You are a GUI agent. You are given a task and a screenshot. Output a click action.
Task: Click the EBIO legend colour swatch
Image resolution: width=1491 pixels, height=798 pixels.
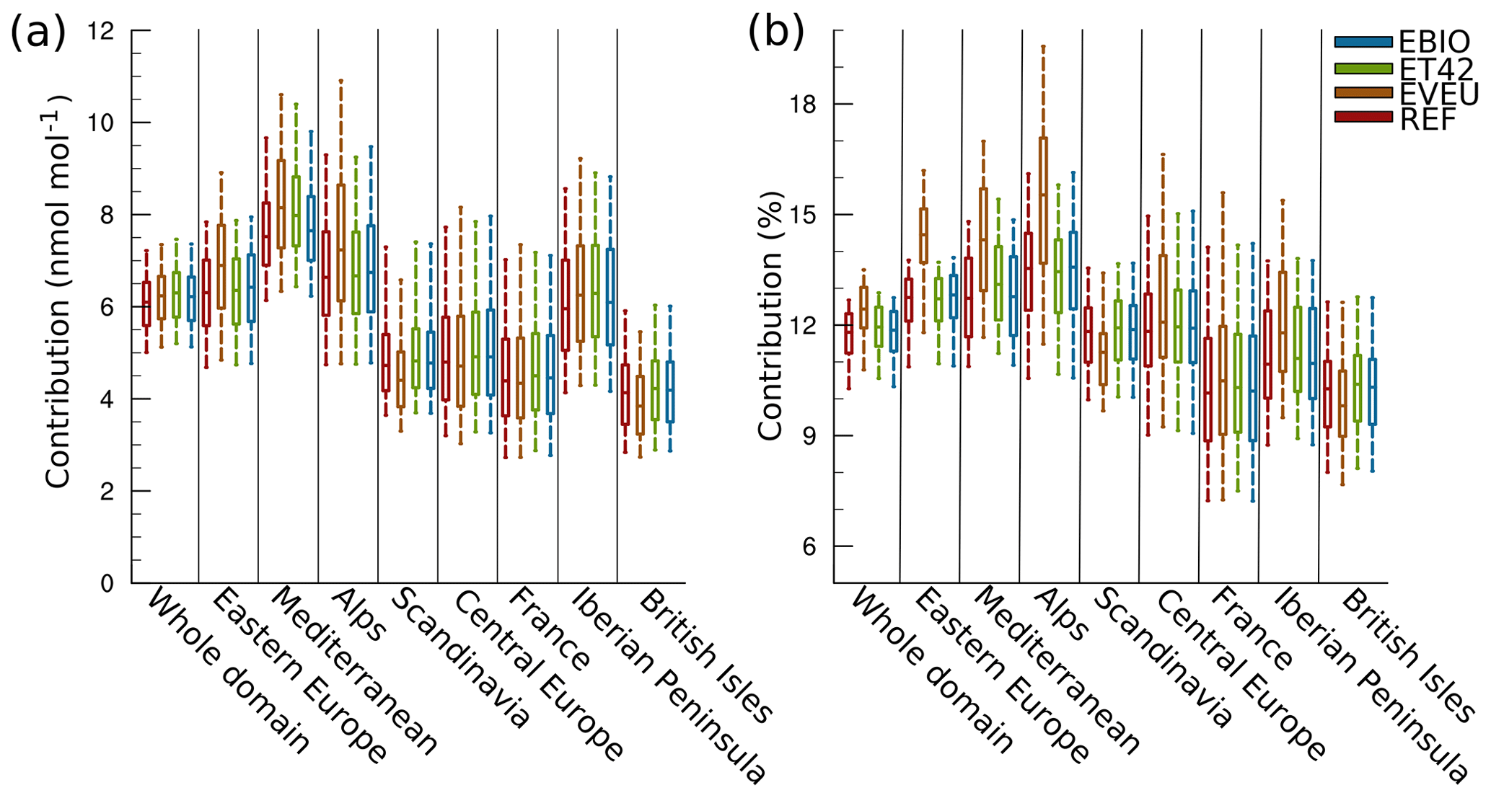point(1363,42)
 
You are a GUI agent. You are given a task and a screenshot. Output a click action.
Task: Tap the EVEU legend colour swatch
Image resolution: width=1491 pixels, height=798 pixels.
point(1363,92)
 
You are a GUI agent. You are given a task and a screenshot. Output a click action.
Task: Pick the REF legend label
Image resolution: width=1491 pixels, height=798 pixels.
point(1428,120)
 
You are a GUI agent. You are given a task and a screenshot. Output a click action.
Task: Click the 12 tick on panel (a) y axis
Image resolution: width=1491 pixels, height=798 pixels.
point(100,31)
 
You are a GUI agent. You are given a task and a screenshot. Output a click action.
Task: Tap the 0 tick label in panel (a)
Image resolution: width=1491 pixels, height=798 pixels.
point(107,583)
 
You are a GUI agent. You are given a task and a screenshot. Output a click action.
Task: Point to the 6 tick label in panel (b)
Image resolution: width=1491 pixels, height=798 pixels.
point(809,546)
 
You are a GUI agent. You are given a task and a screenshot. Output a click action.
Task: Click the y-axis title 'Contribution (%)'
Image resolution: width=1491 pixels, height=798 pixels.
point(770,316)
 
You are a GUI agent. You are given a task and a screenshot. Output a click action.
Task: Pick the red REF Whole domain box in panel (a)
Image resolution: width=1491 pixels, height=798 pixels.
point(146,303)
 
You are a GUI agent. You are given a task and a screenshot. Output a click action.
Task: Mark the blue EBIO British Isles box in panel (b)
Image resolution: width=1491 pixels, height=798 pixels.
point(1372,391)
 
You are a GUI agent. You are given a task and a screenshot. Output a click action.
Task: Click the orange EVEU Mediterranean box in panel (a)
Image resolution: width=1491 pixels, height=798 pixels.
point(281,204)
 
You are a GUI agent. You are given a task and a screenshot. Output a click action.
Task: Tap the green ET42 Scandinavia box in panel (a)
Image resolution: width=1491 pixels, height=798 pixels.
point(415,358)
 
